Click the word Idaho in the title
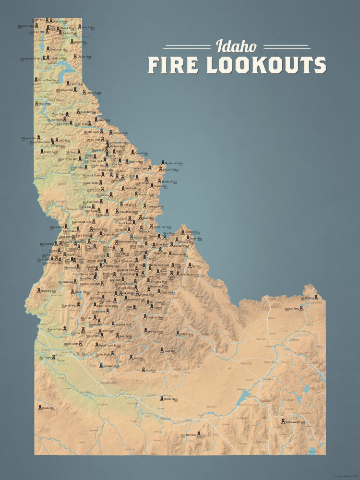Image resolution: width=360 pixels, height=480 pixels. pyautogui.click(x=237, y=46)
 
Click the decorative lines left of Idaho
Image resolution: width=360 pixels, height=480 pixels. pyautogui.click(x=187, y=47)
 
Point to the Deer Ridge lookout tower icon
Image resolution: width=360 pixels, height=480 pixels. pyautogui.click(x=79, y=27)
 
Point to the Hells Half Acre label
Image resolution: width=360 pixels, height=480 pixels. pyautogui.click(x=162, y=226)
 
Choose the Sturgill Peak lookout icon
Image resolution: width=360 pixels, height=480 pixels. pyautogui.click(x=39, y=290)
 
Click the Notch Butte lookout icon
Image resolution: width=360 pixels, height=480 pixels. pyautogui.click(x=161, y=399)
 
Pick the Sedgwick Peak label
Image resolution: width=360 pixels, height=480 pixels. pyautogui.click(x=295, y=422)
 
